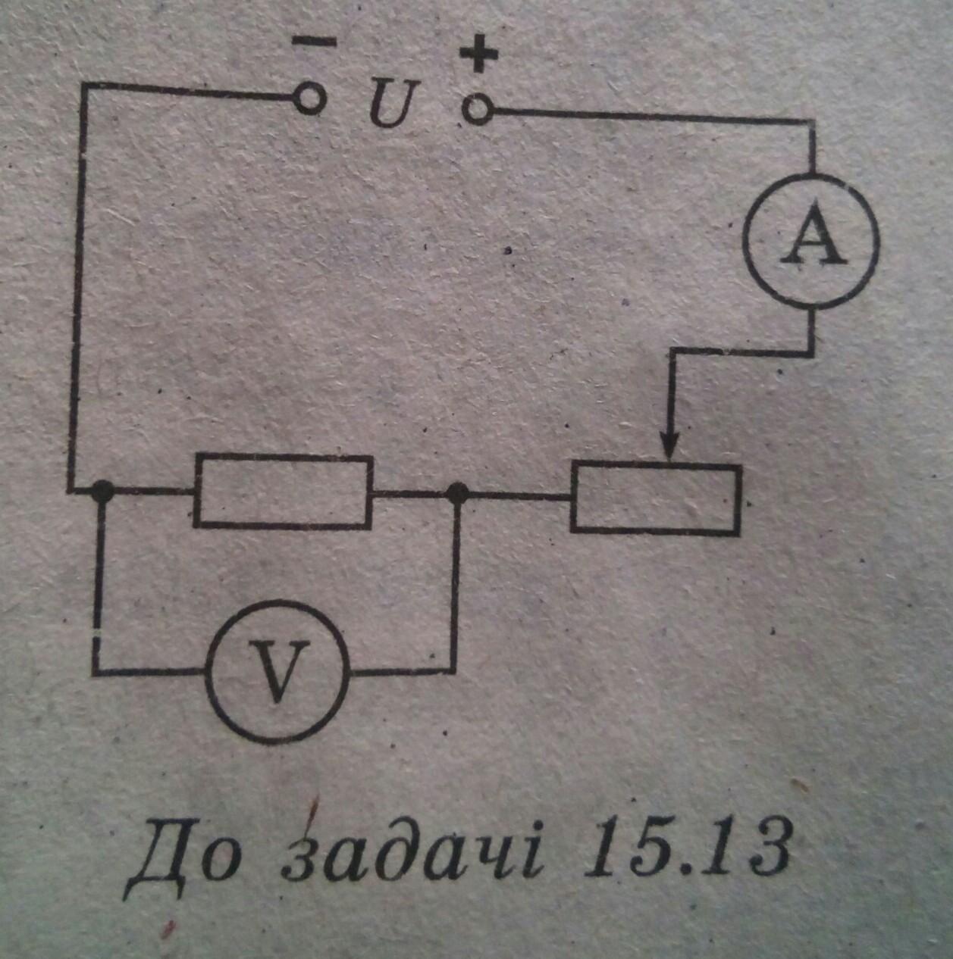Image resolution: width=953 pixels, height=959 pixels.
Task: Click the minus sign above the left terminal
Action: pyautogui.click(x=313, y=43)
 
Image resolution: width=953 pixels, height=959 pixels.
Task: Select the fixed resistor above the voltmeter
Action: pyautogui.click(x=284, y=491)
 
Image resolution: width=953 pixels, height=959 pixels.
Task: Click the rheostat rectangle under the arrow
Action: pyautogui.click(x=656, y=500)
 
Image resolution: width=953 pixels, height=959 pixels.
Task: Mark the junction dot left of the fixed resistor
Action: pyautogui.click(x=100, y=492)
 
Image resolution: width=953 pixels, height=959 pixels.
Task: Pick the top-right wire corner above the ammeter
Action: pyautogui.click(x=813, y=119)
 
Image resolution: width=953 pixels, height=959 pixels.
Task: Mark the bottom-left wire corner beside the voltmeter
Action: pyautogui.click(x=96, y=672)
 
